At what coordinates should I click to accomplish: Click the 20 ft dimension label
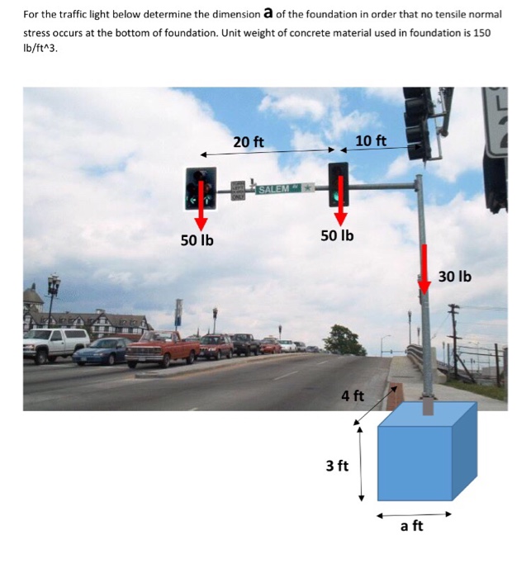click(248, 142)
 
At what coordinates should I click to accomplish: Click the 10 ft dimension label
click(370, 140)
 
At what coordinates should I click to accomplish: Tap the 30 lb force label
click(454, 276)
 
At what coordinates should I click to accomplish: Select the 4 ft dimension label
click(353, 396)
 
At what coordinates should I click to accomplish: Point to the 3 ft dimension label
click(337, 466)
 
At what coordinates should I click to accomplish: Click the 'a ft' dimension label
click(411, 526)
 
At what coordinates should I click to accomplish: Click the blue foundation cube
click(421, 458)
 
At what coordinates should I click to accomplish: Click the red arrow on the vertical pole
click(424, 268)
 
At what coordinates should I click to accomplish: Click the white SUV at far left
click(56, 343)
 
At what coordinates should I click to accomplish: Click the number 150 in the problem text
click(488, 31)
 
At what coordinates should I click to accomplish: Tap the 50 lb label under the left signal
click(197, 240)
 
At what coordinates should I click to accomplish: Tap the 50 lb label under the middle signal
click(337, 235)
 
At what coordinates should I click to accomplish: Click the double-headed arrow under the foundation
click(413, 513)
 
